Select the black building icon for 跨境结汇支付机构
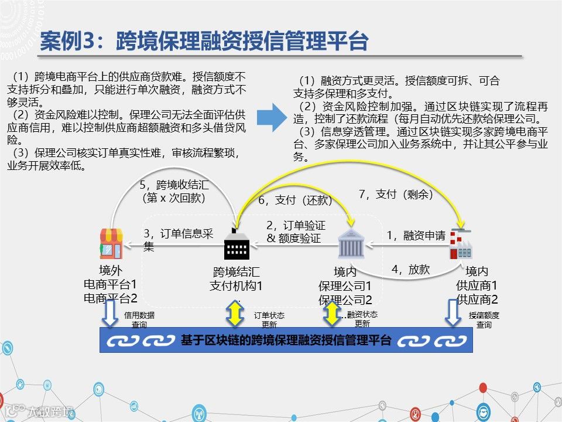click(237, 247)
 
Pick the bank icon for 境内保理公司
click(351, 246)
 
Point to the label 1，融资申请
click(416, 235)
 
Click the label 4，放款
click(410, 270)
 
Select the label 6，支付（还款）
click(295, 200)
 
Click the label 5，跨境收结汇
click(174, 192)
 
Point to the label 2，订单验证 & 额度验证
click(296, 232)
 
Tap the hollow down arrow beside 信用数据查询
click(110, 314)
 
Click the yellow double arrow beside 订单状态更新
click(235, 314)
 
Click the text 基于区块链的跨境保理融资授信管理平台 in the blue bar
click(286, 341)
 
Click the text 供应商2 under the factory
click(477, 300)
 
